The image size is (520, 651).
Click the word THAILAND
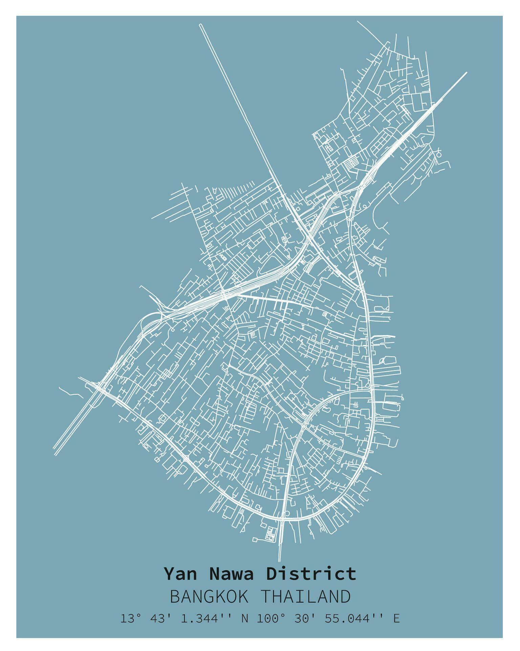(306, 597)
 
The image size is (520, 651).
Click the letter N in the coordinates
(244, 618)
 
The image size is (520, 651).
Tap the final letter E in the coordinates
(396, 618)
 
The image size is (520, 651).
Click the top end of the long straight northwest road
(201, 25)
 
